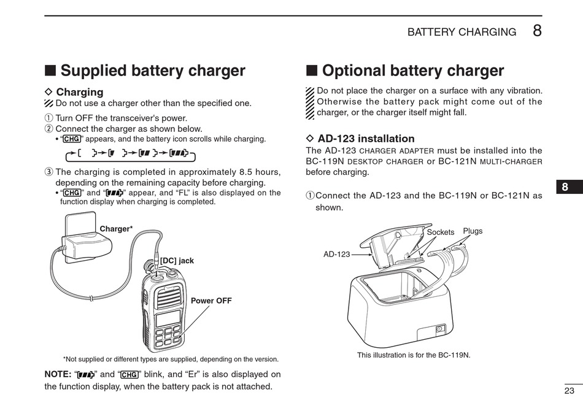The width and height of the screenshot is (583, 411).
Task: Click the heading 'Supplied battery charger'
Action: pyautogui.click(x=153, y=71)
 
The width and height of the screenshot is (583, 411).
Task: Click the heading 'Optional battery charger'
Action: pyautogui.click(x=412, y=71)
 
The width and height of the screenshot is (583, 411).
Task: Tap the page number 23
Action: pyautogui.click(x=569, y=390)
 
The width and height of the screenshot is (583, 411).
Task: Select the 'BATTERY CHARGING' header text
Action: pyautogui.click(x=461, y=33)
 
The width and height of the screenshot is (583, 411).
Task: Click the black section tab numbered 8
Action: pyautogui.click(x=565, y=188)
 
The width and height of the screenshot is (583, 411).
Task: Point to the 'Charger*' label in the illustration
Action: pyautogui.click(x=116, y=229)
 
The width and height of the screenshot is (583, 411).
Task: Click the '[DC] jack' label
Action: pyautogui.click(x=177, y=261)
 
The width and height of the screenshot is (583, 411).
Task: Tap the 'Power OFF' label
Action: pyautogui.click(x=211, y=301)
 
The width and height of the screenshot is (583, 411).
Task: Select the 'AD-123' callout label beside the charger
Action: pyautogui.click(x=336, y=254)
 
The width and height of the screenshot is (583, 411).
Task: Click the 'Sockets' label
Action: pyautogui.click(x=440, y=232)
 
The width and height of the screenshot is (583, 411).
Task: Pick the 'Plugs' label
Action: pyautogui.click(x=473, y=231)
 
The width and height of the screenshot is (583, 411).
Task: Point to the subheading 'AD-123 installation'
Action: pyautogui.click(x=366, y=139)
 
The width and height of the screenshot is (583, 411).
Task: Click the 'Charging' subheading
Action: pyautogui.click(x=80, y=92)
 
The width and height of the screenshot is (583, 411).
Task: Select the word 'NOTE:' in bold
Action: pyautogui.click(x=58, y=374)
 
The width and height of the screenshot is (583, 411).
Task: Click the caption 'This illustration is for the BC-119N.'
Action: pyautogui.click(x=414, y=355)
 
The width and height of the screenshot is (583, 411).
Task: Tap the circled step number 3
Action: pyautogui.click(x=49, y=172)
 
